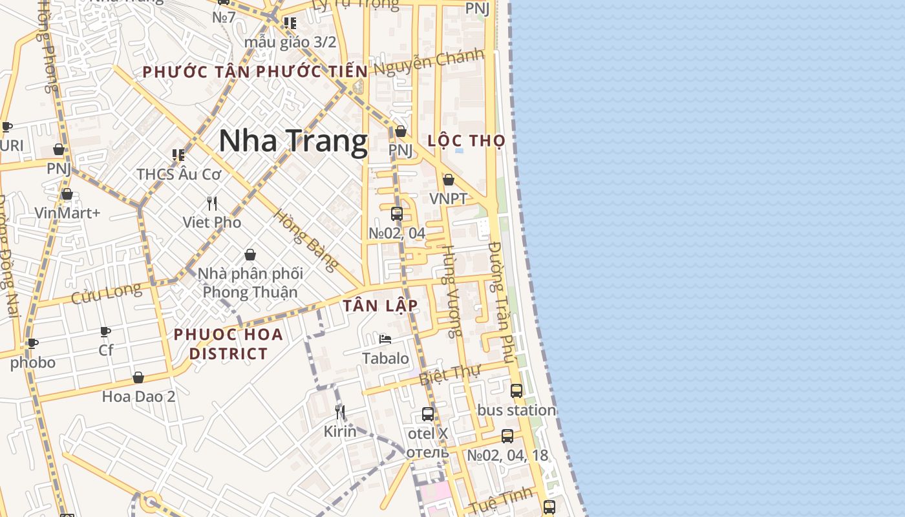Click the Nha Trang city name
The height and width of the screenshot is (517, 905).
pyautogui.click(x=293, y=141)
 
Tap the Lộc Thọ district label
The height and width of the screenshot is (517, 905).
pyautogui.click(x=466, y=141)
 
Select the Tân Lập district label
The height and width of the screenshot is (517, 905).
pyautogui.click(x=380, y=306)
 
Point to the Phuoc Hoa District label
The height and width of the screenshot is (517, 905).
pyautogui.click(x=228, y=344)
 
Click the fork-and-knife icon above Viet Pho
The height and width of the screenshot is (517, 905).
pyautogui.click(x=212, y=204)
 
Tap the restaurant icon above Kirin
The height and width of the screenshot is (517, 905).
pyautogui.click(x=340, y=412)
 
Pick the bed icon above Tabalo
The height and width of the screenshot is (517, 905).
pyautogui.click(x=385, y=339)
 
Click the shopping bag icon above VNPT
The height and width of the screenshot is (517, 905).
pyautogui.click(x=449, y=180)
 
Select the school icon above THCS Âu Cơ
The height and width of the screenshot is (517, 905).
pyautogui.click(x=178, y=155)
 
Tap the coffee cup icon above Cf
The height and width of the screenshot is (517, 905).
pyautogui.click(x=105, y=332)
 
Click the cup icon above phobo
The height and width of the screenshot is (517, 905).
pyautogui.click(x=32, y=344)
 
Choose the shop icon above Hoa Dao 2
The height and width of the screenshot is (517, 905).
pyautogui.click(x=138, y=377)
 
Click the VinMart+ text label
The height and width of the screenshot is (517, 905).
pyautogui.click(x=67, y=213)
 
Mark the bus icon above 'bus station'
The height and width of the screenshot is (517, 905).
pyautogui.click(x=516, y=390)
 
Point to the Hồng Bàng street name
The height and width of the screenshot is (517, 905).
pyautogui.click(x=306, y=240)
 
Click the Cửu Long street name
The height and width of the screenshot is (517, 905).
pyautogui.click(x=106, y=294)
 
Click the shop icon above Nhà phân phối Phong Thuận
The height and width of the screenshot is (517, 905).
pyautogui.click(x=250, y=255)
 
